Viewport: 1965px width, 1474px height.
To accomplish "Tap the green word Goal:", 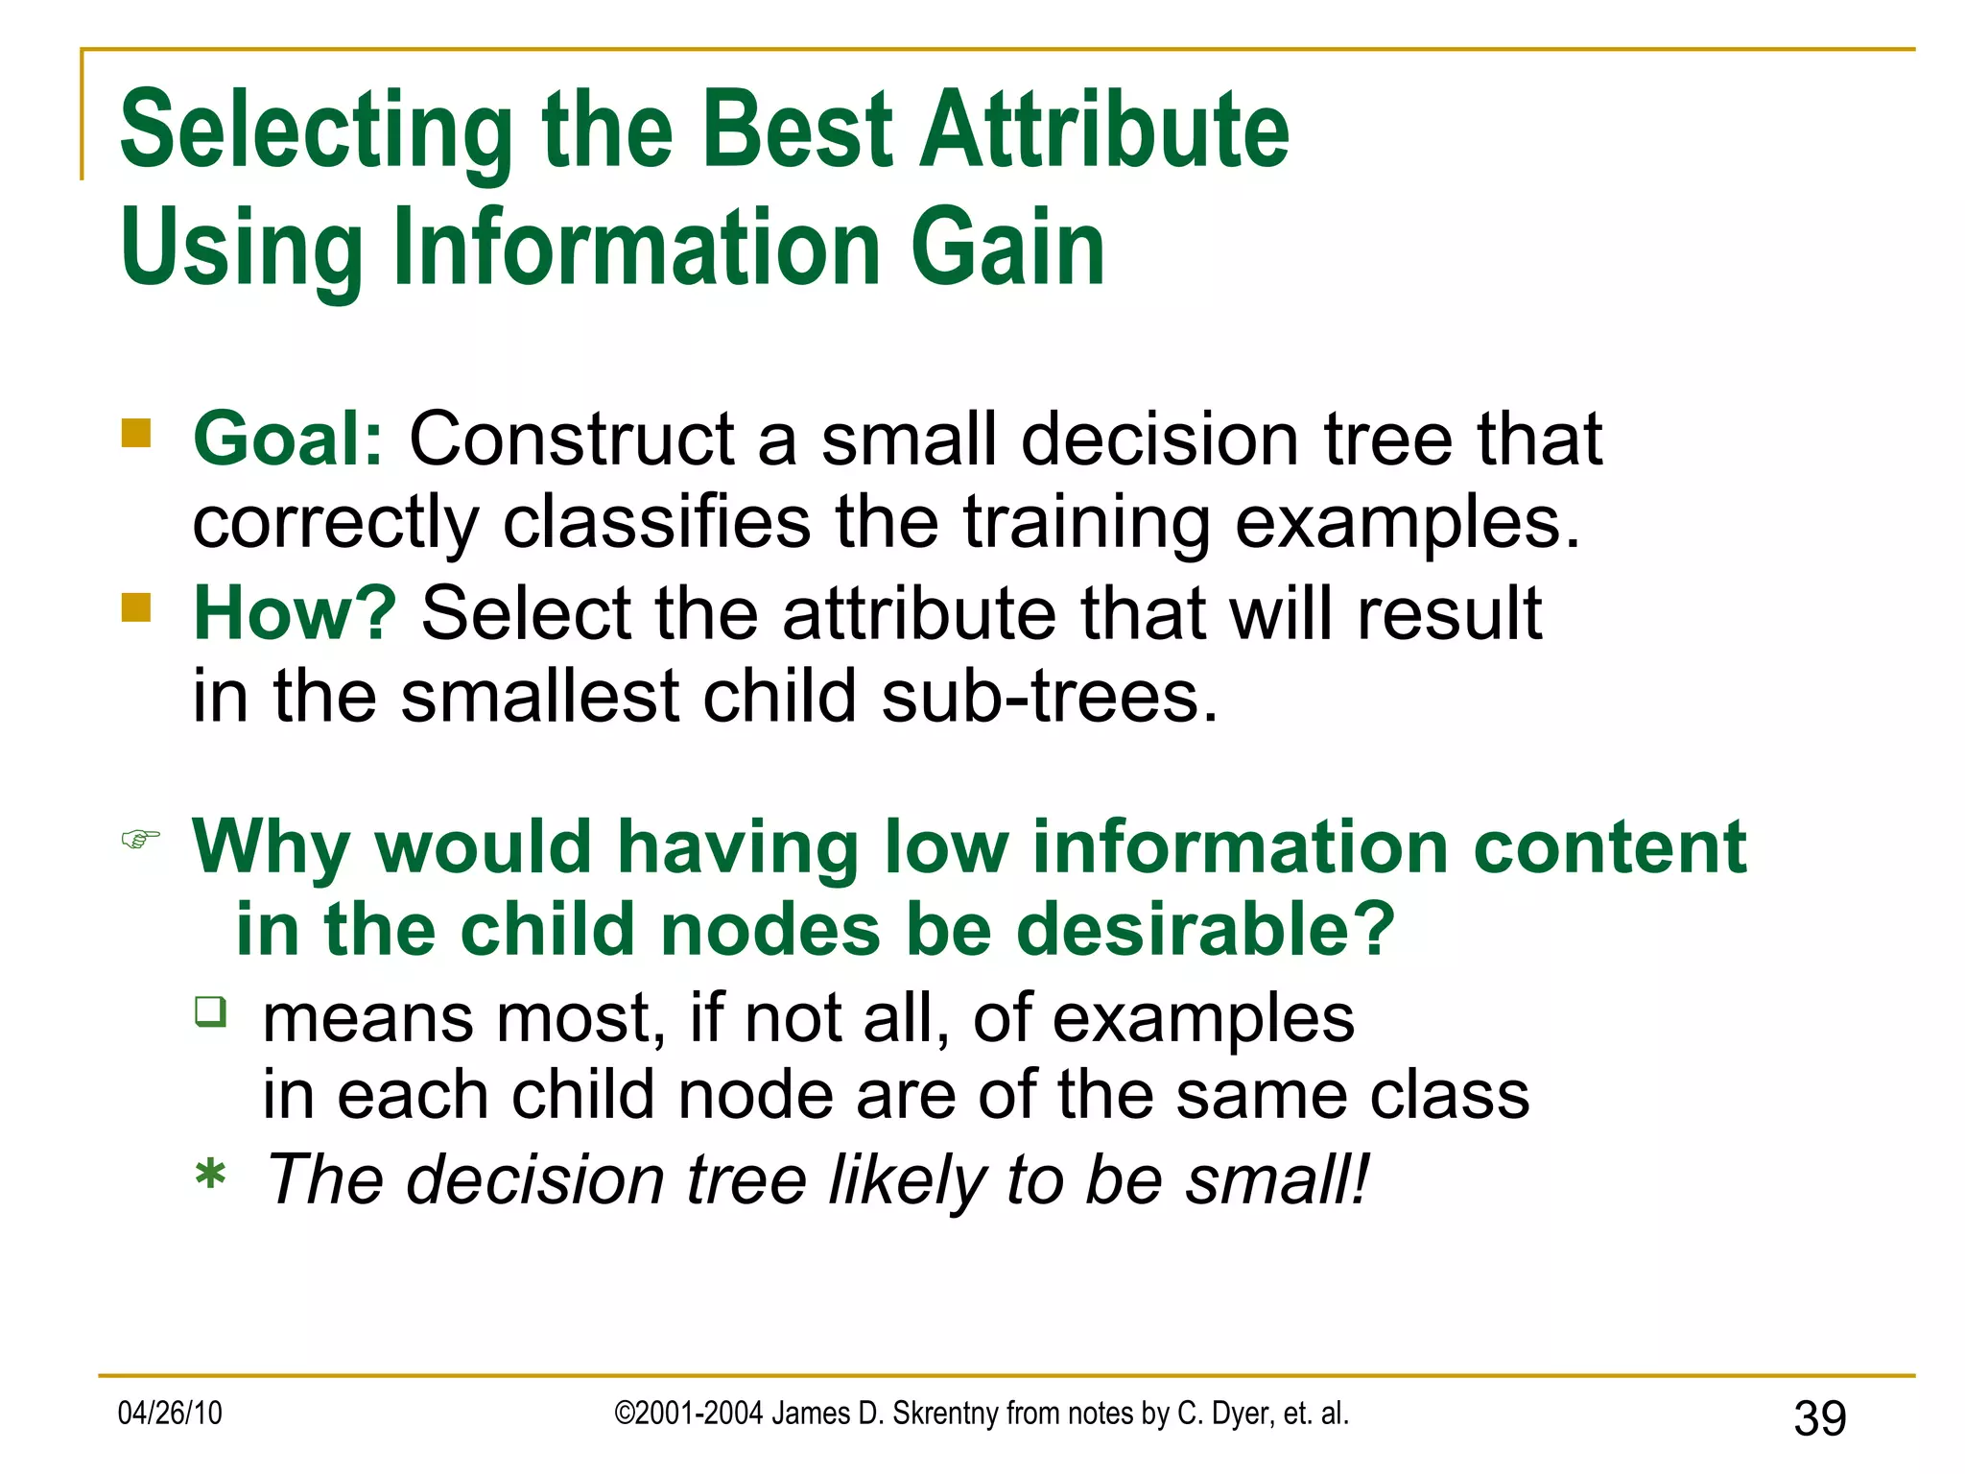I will (288, 440).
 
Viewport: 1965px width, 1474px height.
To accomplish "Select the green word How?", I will (295, 613).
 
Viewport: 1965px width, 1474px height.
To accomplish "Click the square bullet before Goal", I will (136, 434).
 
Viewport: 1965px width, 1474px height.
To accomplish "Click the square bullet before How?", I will (136, 607).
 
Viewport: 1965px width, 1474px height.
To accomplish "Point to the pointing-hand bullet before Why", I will (140, 840).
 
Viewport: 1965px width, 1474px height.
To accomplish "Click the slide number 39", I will (1819, 1418).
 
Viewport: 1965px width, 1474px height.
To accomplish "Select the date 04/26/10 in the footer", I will (170, 1413).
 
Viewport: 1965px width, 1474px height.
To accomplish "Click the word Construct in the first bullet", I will (572, 440).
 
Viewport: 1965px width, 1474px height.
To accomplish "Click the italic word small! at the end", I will (1277, 1179).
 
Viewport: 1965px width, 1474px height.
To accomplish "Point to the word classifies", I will (656, 523).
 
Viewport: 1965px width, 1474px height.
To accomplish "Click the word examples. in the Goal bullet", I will (1407, 523).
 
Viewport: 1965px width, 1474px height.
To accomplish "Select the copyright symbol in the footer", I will (625, 1413).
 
